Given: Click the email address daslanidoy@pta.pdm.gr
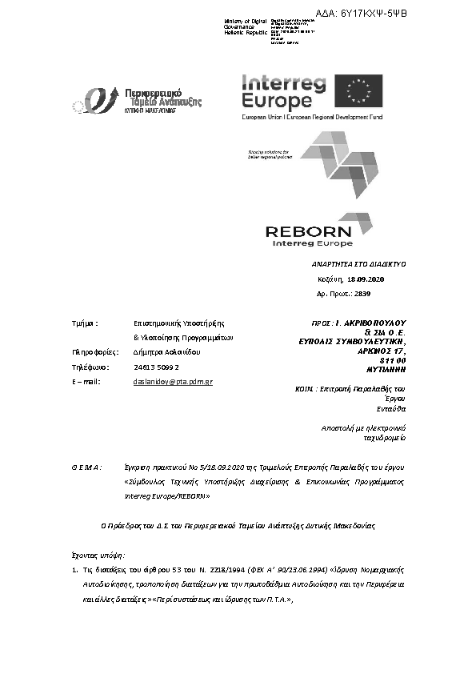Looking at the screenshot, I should (172, 382).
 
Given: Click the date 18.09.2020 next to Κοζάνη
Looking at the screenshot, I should (365, 279).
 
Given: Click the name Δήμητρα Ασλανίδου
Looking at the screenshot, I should (167, 352).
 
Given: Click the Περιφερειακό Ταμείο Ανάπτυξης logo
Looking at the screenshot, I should (137, 98).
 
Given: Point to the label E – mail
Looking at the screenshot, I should (85, 382).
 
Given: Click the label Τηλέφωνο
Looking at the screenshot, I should (90, 367).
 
